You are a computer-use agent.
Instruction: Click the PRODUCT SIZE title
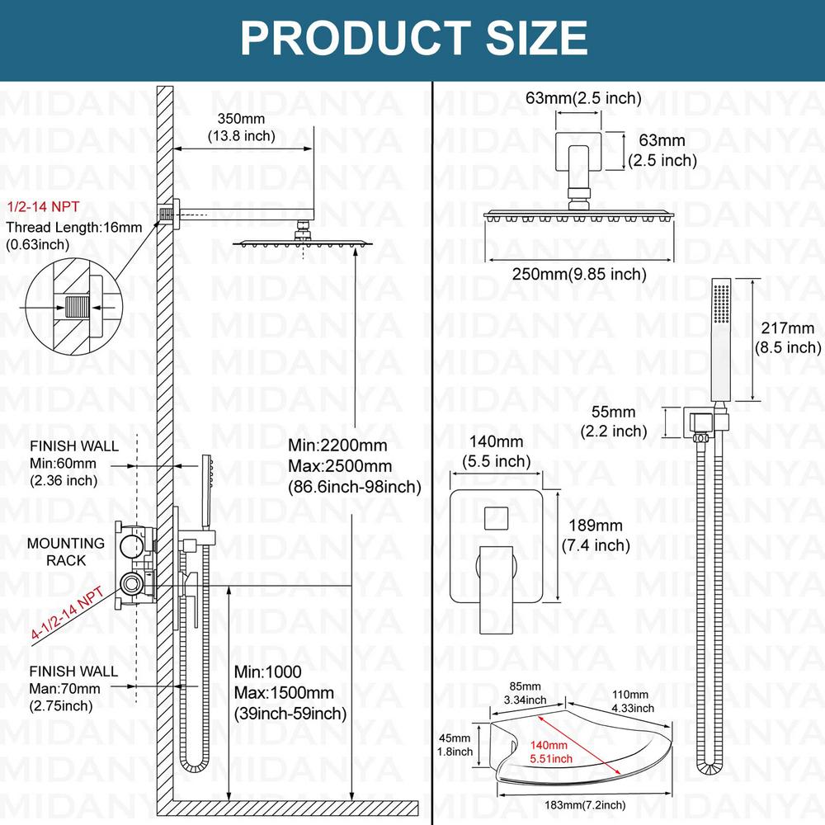413,38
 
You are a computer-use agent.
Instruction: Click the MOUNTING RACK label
65,552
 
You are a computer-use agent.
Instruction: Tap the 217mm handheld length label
788,338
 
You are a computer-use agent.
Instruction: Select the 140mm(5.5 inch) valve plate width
496,452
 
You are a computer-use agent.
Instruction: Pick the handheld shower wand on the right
719,342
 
